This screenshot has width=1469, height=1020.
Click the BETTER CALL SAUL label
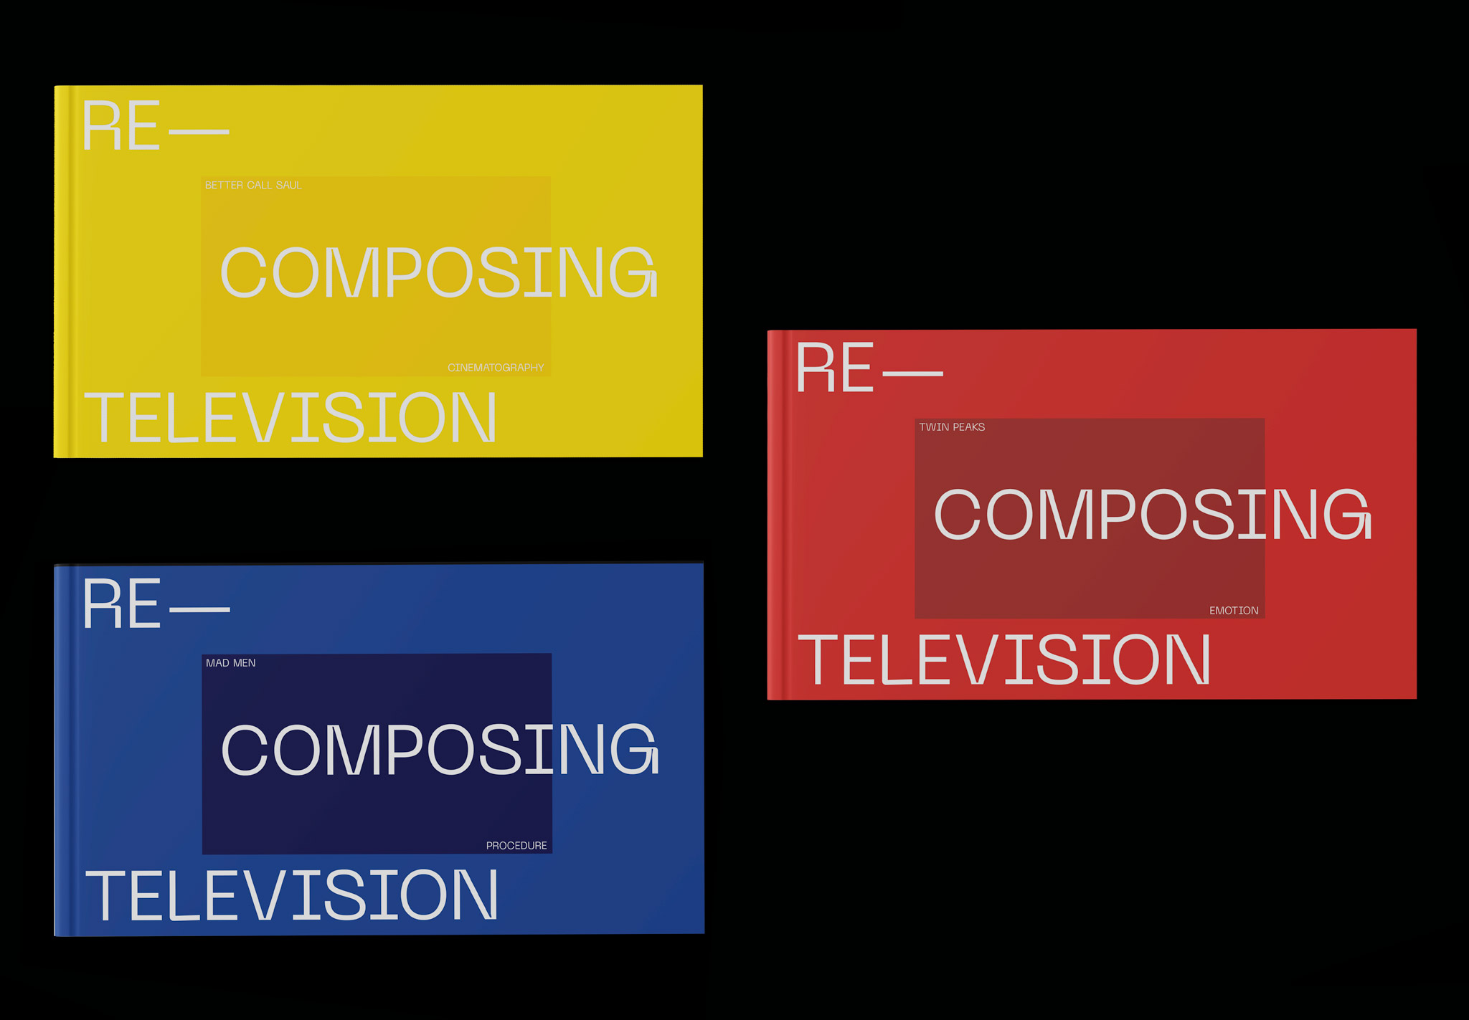(x=253, y=185)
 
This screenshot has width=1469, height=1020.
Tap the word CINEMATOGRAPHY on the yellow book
(x=496, y=368)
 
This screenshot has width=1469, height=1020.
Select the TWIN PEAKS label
(x=952, y=427)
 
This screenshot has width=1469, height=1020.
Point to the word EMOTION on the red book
(x=1234, y=611)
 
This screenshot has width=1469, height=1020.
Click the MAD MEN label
(x=230, y=663)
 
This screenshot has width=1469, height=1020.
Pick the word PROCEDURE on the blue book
(x=516, y=846)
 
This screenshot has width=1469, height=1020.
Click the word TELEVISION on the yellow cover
(x=291, y=418)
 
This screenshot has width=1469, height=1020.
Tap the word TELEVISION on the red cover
(x=1004, y=659)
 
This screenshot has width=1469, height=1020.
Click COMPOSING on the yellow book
(x=438, y=272)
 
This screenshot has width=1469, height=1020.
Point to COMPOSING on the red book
(x=1153, y=514)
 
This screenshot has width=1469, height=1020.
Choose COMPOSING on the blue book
(x=440, y=750)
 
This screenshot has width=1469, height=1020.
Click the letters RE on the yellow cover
(x=121, y=127)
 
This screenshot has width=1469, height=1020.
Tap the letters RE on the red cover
(x=835, y=368)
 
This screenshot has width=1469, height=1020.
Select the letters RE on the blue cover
(x=121, y=604)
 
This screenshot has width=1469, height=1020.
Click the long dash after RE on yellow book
(x=199, y=132)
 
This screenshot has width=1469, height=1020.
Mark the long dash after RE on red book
(x=912, y=373)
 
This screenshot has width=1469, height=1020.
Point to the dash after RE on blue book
(x=199, y=610)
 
